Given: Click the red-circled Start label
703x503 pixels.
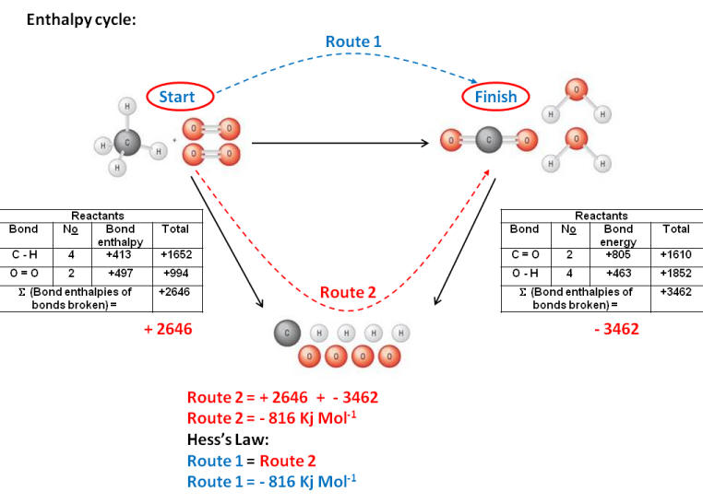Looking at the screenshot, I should pos(180,96).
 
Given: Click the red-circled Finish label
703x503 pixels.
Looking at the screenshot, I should pos(496,96).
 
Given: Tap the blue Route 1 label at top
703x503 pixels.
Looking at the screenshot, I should pos(352,41).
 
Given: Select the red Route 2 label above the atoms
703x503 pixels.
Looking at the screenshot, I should pos(349,293).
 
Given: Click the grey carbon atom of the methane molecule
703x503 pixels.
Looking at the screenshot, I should pos(127,144).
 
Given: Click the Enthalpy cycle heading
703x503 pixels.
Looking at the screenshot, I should pos(81,18).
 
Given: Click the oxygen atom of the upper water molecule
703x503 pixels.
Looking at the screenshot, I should pos(576,91).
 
